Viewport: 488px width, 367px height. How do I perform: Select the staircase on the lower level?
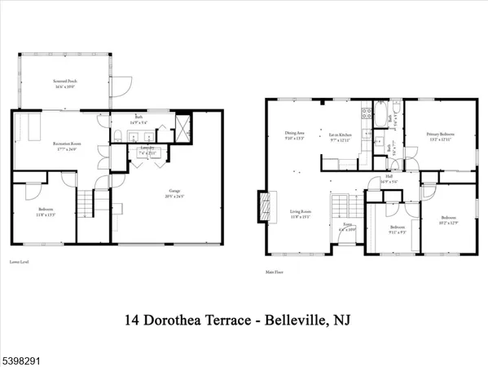tap(86, 199)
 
